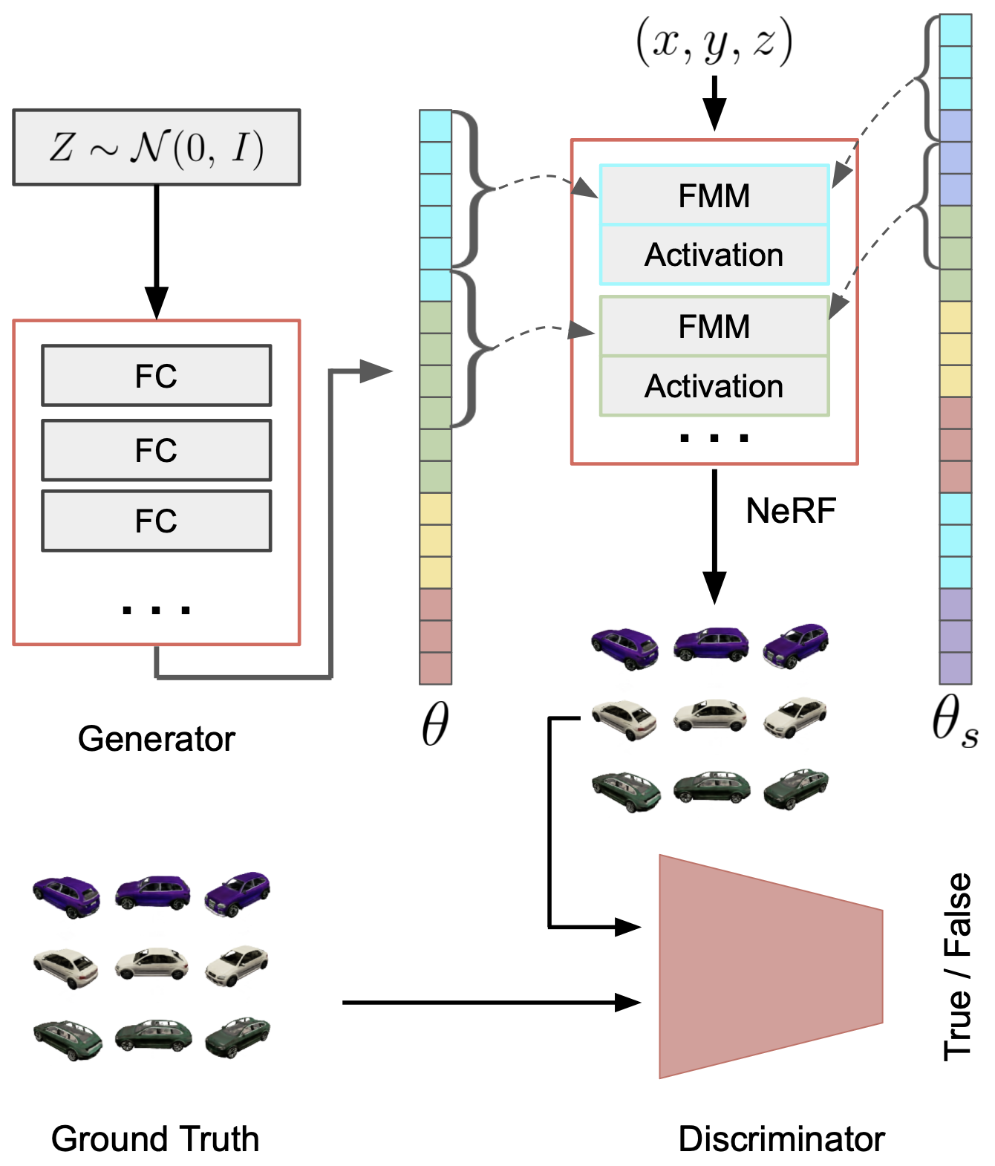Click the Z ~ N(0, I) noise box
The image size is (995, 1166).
(x=156, y=147)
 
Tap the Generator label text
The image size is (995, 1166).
(x=156, y=739)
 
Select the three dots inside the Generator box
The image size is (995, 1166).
(x=156, y=610)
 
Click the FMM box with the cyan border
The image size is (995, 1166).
(x=714, y=195)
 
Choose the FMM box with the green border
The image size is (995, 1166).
(x=714, y=327)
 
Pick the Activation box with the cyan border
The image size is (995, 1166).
(x=714, y=255)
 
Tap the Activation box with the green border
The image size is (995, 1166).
(x=714, y=386)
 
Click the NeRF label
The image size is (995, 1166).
(x=791, y=511)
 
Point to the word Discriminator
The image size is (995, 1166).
(x=781, y=1139)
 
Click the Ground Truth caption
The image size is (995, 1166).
(x=155, y=1139)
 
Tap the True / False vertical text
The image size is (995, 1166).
(x=957, y=966)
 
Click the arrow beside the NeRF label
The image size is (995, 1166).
(x=714, y=535)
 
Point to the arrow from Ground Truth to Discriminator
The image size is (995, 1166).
(x=490, y=1003)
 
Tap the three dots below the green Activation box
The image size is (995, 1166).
(x=714, y=438)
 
